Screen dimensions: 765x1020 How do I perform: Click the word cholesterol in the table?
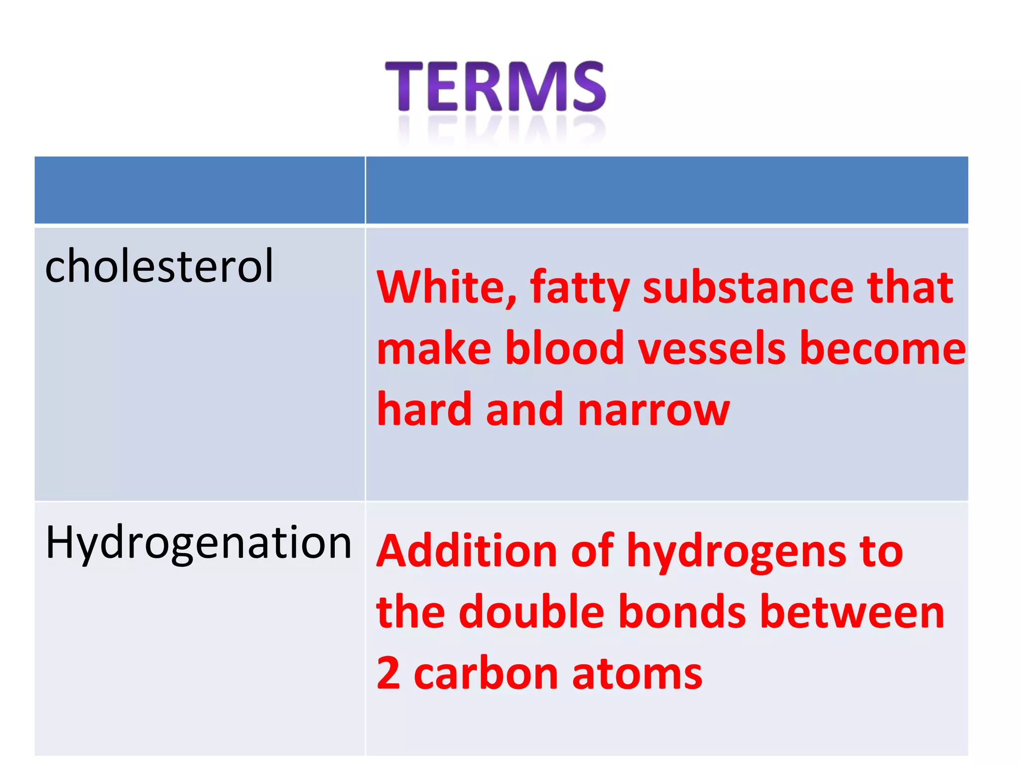pos(159,266)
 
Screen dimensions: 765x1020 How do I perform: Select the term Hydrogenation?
pos(198,543)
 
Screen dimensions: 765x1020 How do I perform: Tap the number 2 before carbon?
pos(388,673)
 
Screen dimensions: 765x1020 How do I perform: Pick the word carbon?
pos(486,674)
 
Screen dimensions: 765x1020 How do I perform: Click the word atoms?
pos(637,674)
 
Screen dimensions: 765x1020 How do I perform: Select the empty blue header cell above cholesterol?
pos(199,190)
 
